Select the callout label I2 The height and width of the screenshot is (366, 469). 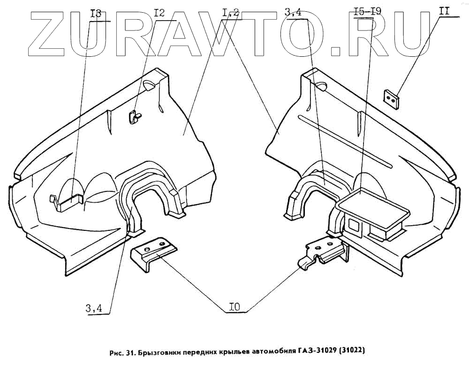point(159,14)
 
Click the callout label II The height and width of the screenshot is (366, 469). point(444,11)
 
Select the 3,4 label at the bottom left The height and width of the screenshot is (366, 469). point(94,308)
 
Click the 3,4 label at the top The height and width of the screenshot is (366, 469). point(293,14)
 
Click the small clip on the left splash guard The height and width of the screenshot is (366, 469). point(135,116)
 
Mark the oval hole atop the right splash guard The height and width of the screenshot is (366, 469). point(321,85)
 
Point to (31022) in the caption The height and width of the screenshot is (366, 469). point(348,351)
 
